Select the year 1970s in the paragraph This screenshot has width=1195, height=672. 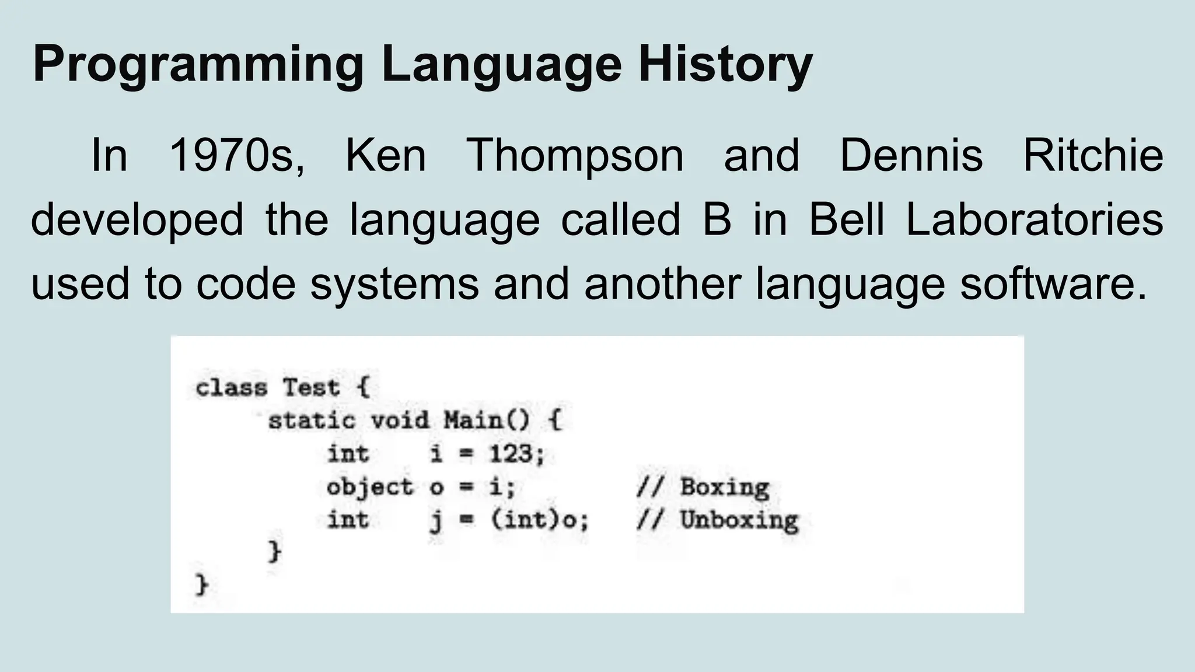click(237, 156)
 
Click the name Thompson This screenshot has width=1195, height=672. click(575, 156)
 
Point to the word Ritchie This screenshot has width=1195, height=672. click(1093, 156)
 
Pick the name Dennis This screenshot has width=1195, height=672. click(911, 156)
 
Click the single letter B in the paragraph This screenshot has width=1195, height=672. click(717, 220)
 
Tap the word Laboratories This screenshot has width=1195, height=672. click(1035, 220)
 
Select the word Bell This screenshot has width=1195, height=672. click(847, 220)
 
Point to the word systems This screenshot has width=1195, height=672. click(394, 284)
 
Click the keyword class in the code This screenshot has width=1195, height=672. click(231, 388)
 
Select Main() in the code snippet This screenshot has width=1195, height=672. click(487, 421)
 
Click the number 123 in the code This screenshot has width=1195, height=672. click(511, 454)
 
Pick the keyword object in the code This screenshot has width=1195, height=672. click(369, 487)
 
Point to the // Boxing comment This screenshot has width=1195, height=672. click(703, 487)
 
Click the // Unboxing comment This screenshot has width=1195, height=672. click(717, 520)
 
